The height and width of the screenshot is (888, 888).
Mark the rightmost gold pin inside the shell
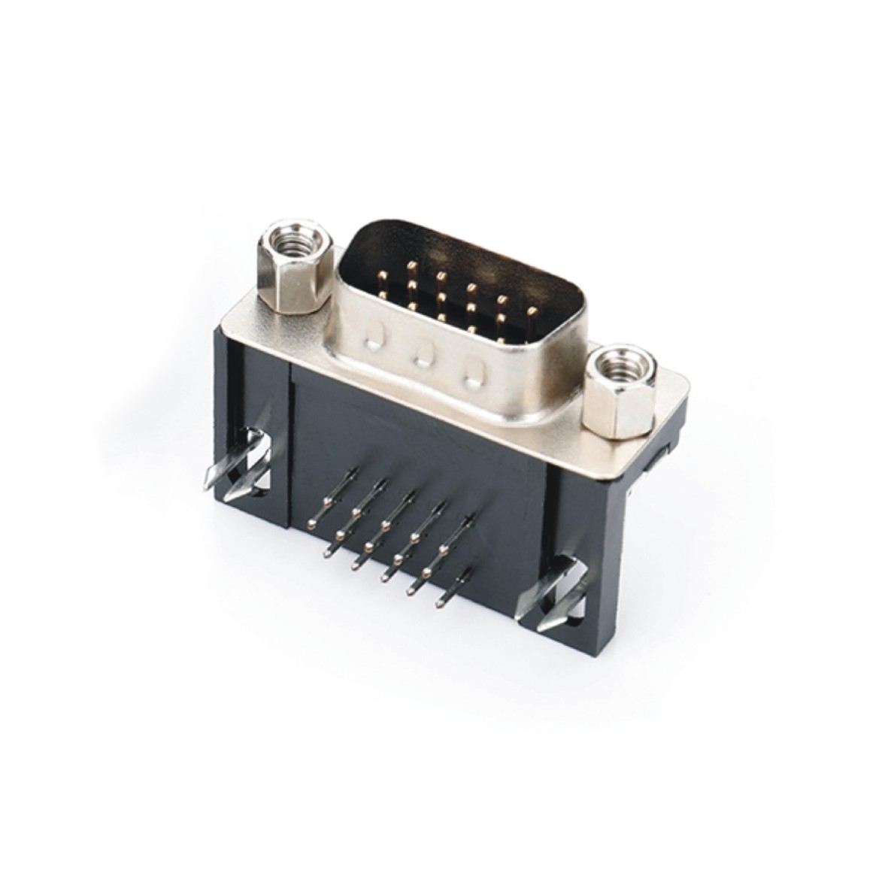(533, 310)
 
